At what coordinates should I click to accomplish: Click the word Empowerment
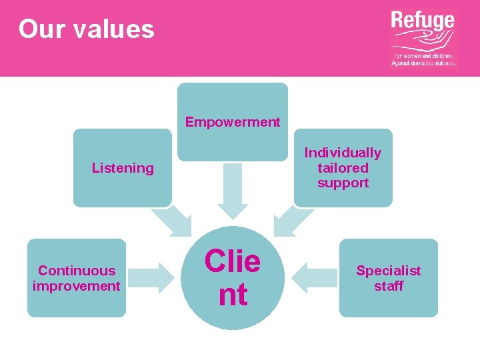click(x=233, y=122)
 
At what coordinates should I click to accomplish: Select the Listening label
click(x=123, y=168)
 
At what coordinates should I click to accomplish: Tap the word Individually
click(x=343, y=153)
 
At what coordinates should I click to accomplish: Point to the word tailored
click(x=343, y=168)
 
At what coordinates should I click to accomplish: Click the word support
click(x=343, y=183)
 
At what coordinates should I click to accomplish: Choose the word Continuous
click(x=77, y=271)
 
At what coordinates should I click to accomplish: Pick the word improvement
click(x=77, y=286)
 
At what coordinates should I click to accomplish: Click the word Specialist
click(x=388, y=271)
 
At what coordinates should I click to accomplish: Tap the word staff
click(x=388, y=287)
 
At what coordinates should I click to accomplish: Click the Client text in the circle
click(x=233, y=277)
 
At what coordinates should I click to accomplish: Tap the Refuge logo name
click(x=422, y=23)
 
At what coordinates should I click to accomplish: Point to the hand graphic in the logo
click(x=423, y=42)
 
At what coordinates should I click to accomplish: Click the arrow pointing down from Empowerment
click(x=233, y=191)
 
